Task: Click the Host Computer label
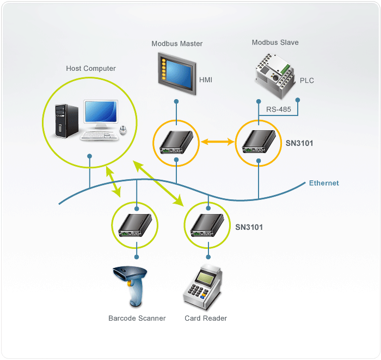pos(91,69)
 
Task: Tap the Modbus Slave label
pos(275,42)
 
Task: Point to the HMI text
pos(206,80)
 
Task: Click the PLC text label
pos(307,81)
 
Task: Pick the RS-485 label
pos(278,109)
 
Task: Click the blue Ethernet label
pos(324,183)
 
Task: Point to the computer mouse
pos(124,130)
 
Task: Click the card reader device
pos(205,285)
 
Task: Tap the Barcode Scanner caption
pos(137,318)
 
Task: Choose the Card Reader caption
pos(206,318)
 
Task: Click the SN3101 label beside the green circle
pos(249,227)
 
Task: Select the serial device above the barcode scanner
pos(136,225)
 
